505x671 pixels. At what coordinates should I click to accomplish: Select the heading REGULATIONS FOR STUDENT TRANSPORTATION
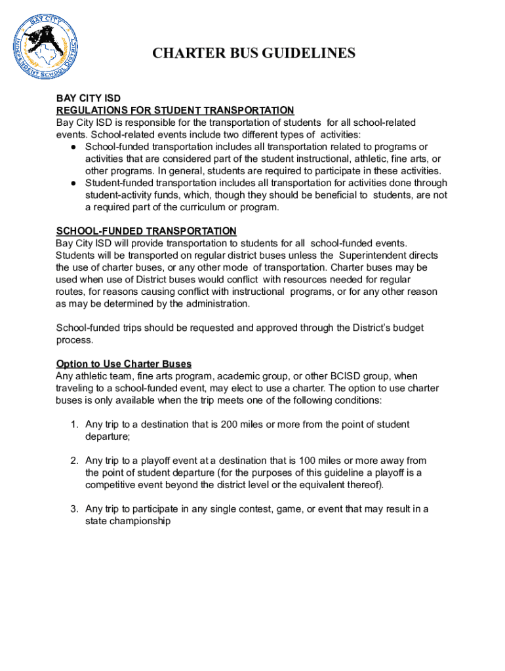pos(175,110)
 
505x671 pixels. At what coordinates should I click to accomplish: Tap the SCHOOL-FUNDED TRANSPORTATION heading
pos(146,231)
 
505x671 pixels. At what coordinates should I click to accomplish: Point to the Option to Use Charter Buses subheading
pos(124,364)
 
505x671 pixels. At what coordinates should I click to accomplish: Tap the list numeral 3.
pos(75,509)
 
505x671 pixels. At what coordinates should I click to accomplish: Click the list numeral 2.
pos(75,461)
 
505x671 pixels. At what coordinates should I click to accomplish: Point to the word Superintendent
pos(373,256)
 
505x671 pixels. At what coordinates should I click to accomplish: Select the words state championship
pos(128,522)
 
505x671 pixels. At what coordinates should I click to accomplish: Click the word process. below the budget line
pos(75,340)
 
